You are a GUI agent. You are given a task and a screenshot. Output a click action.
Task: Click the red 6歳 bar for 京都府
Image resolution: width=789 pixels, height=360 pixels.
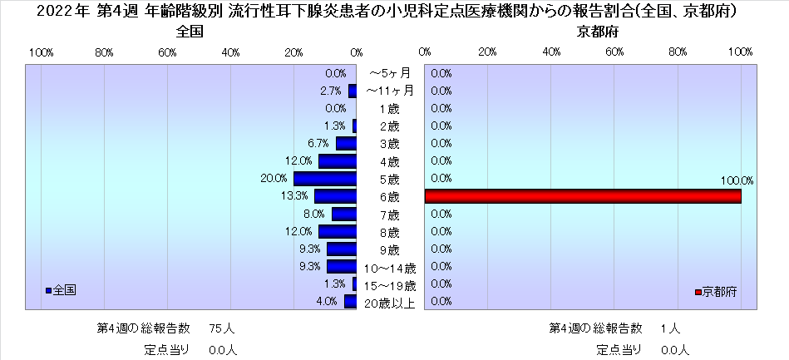point(582,196)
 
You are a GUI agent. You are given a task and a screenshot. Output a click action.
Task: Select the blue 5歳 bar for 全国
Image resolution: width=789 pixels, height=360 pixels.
point(324,179)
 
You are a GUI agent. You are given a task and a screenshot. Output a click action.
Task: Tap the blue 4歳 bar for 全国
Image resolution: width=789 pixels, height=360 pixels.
point(337,161)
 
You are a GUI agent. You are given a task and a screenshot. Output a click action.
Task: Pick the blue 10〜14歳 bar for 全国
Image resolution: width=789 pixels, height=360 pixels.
point(341,267)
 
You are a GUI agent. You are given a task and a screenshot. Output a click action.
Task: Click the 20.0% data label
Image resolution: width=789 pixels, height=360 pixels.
point(274,179)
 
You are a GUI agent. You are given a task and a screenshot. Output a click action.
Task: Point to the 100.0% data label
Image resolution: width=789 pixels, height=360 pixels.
point(737,180)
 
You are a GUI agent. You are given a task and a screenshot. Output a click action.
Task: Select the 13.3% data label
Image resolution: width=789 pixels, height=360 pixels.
point(296,196)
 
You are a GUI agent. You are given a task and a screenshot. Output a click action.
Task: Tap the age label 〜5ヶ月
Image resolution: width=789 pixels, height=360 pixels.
point(389,74)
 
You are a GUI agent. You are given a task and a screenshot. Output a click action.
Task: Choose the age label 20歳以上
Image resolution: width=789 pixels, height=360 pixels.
point(389,303)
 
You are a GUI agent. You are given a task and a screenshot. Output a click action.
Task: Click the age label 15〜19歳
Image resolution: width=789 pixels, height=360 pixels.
point(389,285)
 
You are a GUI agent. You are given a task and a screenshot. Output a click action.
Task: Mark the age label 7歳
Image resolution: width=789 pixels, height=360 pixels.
point(389,215)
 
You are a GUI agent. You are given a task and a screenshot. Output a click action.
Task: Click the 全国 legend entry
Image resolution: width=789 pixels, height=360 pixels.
point(62,290)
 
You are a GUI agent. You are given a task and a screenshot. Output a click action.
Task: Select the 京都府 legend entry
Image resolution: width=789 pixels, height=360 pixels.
point(717,292)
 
